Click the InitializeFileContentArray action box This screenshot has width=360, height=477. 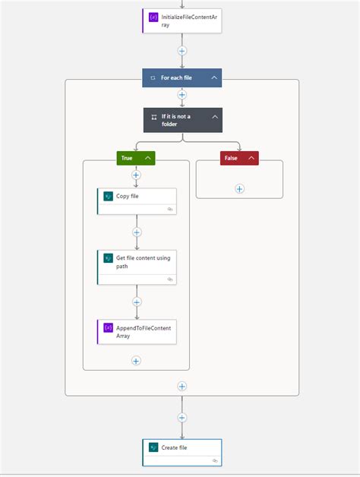[182, 21]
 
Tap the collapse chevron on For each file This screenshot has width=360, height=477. [215, 77]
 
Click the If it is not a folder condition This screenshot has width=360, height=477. [176, 120]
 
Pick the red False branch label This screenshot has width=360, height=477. [231, 158]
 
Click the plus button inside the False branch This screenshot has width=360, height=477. [239, 188]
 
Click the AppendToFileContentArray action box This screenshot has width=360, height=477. [137, 332]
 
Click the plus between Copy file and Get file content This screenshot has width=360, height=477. [137, 232]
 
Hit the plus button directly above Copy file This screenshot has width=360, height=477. [137, 175]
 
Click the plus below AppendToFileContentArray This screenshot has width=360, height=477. [137, 361]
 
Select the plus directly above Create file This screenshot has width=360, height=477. [182, 417]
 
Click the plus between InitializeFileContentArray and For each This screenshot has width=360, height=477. [182, 51]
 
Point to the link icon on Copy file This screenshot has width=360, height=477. [170, 208]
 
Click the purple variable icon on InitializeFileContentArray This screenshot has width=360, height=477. [153, 16]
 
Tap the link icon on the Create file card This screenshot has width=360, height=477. [215, 460]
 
